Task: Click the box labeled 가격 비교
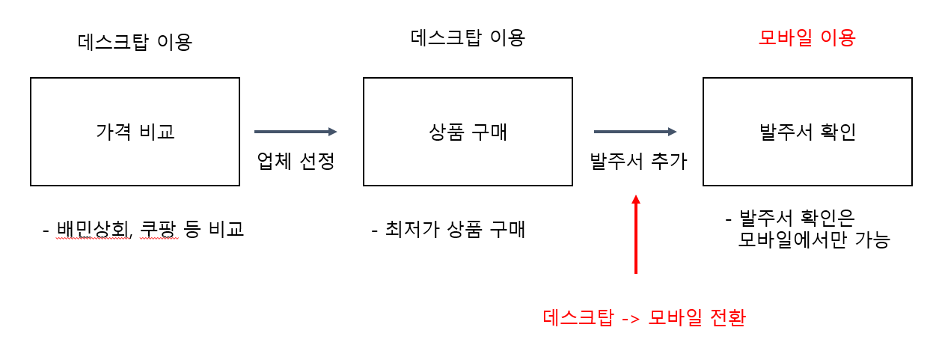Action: [x=135, y=132]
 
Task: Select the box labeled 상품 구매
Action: [x=468, y=132]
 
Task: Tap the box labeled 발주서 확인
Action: [x=807, y=132]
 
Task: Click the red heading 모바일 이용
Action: [x=807, y=38]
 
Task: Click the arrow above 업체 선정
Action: [x=296, y=132]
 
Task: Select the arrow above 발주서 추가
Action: [x=635, y=132]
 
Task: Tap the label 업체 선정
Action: [x=296, y=160]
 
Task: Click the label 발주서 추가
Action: [x=638, y=160]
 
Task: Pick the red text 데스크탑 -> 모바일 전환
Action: [x=644, y=317]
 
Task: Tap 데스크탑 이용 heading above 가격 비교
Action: [x=135, y=41]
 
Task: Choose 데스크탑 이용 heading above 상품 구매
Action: [x=468, y=37]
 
